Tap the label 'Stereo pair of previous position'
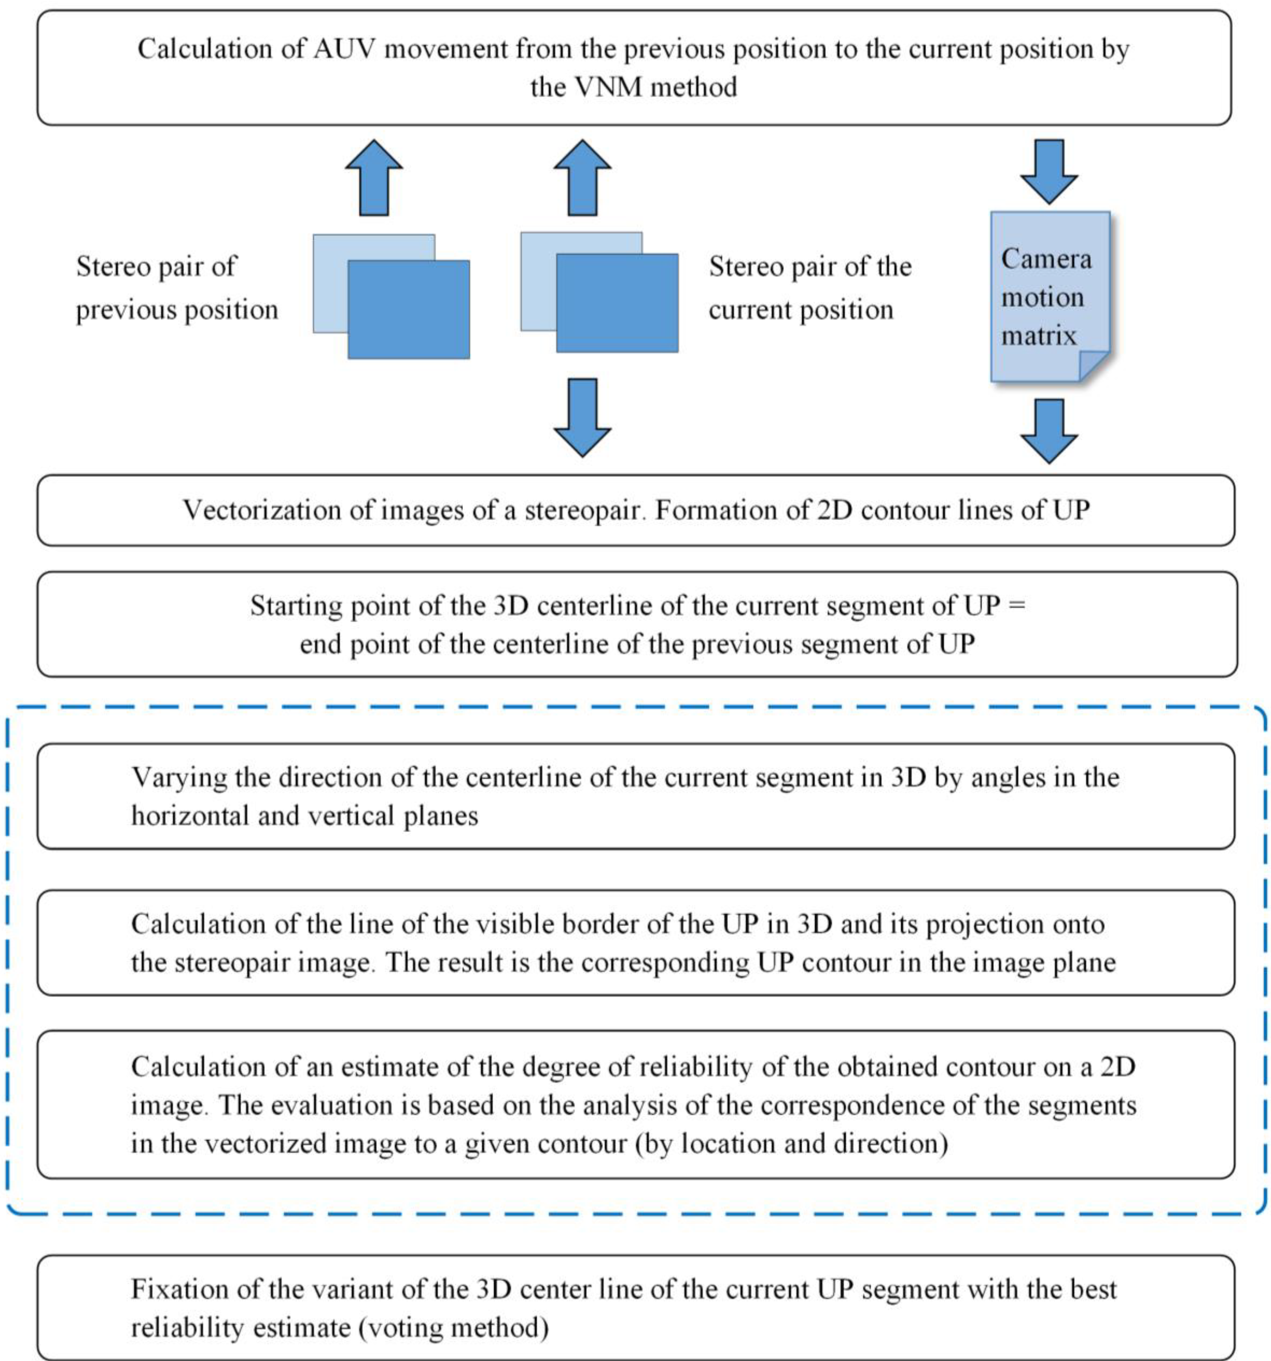pos(176,288)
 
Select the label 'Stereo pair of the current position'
pos(810,288)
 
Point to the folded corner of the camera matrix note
pos(1094,366)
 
